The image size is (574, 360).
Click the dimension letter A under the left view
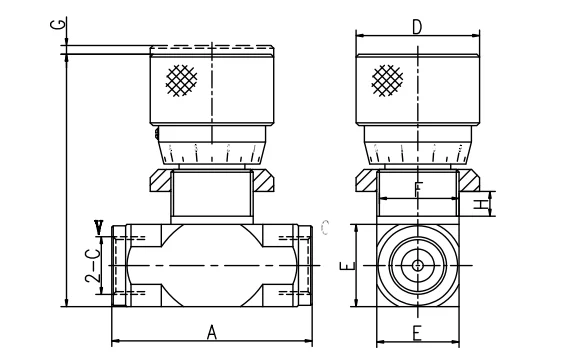pyautogui.click(x=212, y=333)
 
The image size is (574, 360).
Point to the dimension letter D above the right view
pyautogui.click(x=416, y=26)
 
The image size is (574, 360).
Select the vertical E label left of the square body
pyautogui.click(x=345, y=266)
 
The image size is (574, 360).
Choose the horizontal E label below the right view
pyautogui.click(x=416, y=334)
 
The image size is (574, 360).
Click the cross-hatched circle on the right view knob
pyautogui.click(x=386, y=81)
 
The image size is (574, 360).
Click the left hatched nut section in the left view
pyautogui.click(x=160, y=184)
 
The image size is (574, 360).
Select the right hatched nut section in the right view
pyautogui.click(x=467, y=184)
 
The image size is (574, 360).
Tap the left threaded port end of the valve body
pyautogui.click(x=121, y=266)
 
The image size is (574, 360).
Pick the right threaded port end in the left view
pyautogui.click(x=304, y=266)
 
